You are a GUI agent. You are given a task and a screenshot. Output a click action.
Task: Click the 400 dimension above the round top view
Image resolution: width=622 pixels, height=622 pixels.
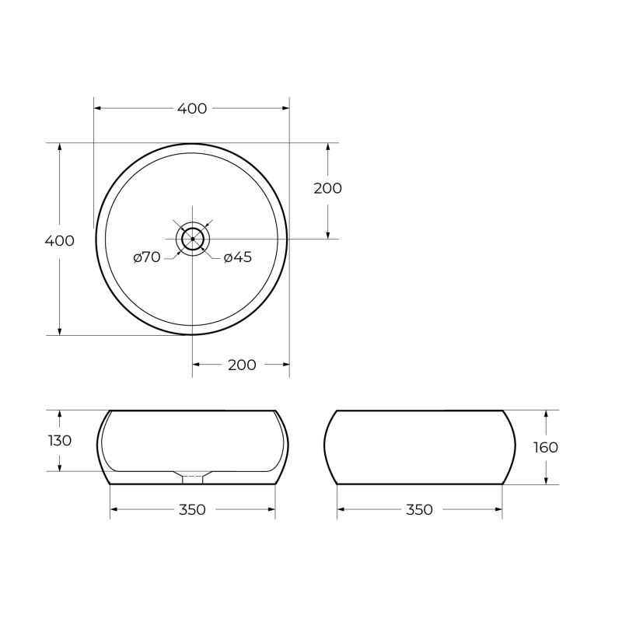pos(192,109)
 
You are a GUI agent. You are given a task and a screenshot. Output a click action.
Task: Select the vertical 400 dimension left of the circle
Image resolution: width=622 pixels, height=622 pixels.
pos(60,240)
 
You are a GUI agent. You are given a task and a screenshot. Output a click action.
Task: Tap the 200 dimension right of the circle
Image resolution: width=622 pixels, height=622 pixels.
pos(327,188)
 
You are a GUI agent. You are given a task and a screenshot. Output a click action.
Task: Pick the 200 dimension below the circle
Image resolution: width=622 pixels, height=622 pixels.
pos(242,365)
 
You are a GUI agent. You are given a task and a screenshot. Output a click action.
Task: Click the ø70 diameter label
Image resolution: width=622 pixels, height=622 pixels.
pos(146,257)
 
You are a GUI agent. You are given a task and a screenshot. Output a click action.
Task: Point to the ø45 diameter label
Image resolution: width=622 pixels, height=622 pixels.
pos(238,257)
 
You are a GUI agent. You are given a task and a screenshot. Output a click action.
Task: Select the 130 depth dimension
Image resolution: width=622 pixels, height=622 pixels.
pos(60,440)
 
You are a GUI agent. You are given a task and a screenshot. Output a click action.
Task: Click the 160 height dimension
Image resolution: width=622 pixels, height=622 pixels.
pos(547,448)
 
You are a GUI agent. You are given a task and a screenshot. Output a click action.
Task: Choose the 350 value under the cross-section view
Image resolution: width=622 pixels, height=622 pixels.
pos(192,510)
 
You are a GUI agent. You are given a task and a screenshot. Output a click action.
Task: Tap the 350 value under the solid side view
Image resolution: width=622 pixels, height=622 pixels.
pos(419,510)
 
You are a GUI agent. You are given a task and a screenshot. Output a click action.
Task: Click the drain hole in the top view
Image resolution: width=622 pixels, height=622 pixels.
pos(192,239)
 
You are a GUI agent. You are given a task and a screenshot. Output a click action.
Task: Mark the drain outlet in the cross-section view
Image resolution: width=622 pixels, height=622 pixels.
pos(192,476)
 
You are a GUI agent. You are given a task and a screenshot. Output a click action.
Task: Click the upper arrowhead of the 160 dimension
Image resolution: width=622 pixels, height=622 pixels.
pos(547,414)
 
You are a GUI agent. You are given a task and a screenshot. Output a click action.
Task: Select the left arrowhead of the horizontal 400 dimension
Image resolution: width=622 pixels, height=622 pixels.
pos(98,109)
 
